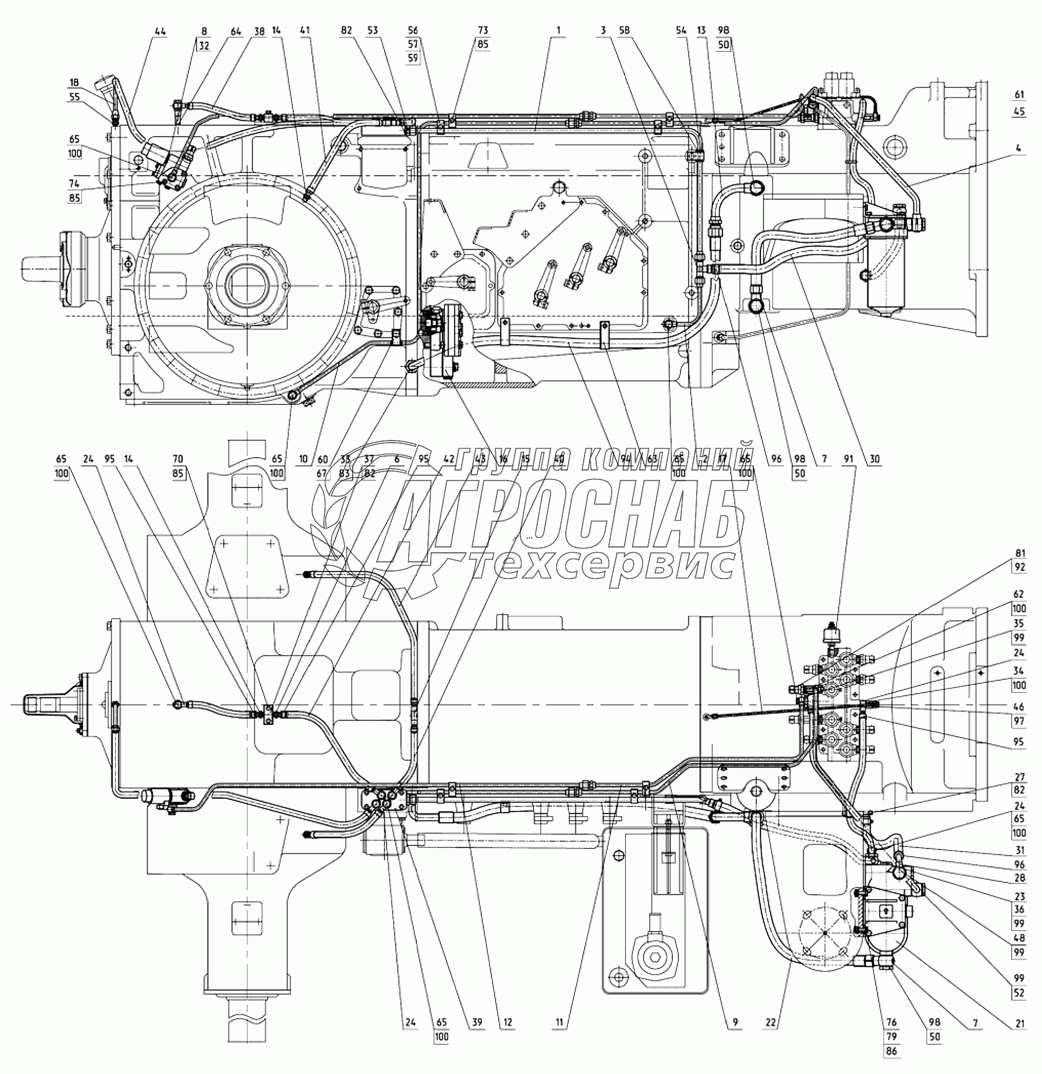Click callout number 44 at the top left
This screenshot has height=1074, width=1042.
point(159,32)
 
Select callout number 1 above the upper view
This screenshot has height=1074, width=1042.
point(558,30)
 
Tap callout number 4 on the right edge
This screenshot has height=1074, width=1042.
point(1018,148)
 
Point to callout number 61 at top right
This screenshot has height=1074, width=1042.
point(1019,95)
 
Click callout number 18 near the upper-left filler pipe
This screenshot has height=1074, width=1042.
point(74,83)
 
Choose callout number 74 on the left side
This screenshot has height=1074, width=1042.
point(74,184)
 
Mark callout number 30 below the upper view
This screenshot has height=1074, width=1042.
point(874,459)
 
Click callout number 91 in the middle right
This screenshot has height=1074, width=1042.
point(848,459)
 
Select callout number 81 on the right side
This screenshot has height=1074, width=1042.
point(1019,553)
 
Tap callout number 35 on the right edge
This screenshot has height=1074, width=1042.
point(1019,623)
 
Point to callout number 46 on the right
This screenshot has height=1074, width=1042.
point(1019,707)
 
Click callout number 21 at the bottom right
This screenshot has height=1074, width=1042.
point(1019,1023)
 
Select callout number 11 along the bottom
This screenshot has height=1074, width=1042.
point(559,1023)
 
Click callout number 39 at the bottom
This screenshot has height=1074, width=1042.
point(477,1023)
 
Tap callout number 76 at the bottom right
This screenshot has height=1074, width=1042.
point(891,1023)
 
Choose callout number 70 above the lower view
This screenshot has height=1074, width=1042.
point(177,459)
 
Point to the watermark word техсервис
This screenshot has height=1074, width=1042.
point(603,565)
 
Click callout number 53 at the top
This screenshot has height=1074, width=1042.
point(372,30)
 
